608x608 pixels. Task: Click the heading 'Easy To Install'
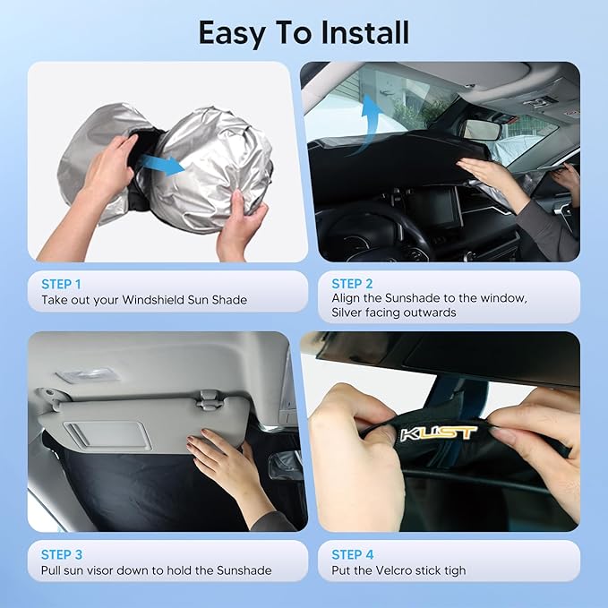point(304,33)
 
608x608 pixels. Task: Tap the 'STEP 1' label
point(62,283)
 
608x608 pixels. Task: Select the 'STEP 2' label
point(352,283)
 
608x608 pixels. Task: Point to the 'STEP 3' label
point(62,553)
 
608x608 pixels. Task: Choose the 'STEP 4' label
point(353,553)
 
